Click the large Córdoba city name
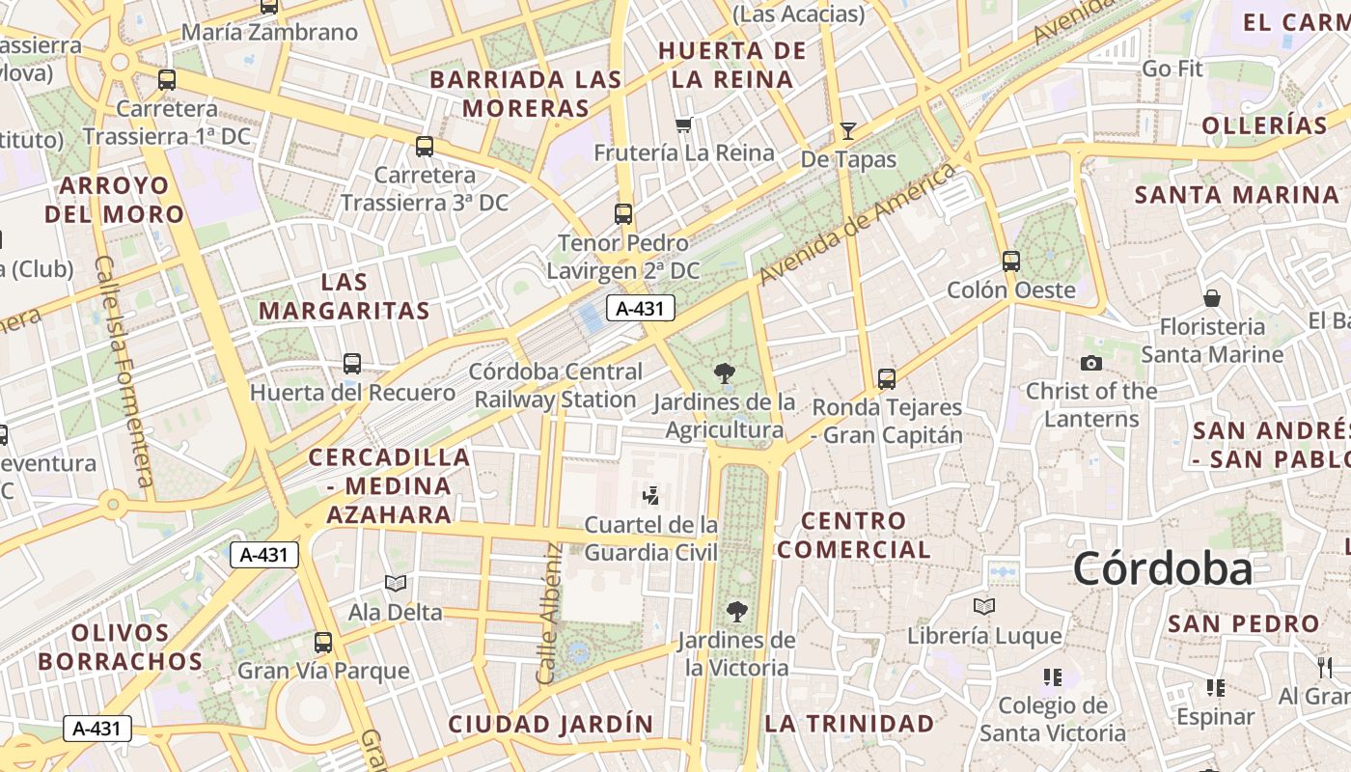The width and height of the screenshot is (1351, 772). tap(1162, 568)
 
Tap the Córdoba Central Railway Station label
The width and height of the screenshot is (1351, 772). tap(556, 385)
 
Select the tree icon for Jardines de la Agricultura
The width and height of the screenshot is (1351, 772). tap(724, 373)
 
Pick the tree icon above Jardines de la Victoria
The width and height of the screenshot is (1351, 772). tap(736, 612)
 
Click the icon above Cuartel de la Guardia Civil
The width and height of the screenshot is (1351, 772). tap(651, 496)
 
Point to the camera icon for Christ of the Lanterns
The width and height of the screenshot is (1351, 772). tap(1091, 363)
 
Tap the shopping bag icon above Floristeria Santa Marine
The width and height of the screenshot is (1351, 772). tap(1212, 298)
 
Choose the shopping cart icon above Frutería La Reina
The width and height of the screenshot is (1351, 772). tap(684, 124)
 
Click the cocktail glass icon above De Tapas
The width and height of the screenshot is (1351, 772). tap(848, 130)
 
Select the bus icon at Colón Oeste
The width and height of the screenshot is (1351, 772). tap(1011, 261)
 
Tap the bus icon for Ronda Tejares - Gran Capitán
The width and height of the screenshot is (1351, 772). tap(887, 379)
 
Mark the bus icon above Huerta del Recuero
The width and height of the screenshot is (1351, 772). tap(352, 364)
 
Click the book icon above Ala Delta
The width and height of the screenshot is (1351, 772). tap(396, 583)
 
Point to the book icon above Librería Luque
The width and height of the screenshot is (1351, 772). tap(984, 606)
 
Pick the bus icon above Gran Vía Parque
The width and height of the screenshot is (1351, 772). tap(323, 642)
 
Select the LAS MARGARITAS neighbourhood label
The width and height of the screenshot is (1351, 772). tap(344, 296)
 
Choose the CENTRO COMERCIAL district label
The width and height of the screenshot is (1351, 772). tap(854, 535)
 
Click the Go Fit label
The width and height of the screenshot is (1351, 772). tap(1172, 69)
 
